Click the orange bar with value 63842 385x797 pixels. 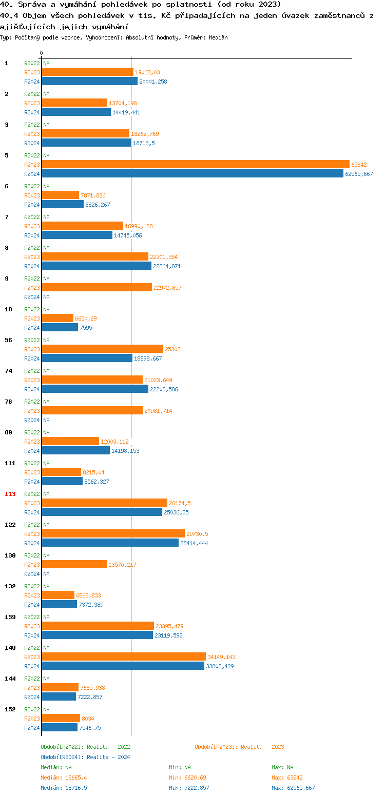coord(196,165)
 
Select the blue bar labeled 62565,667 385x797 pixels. coord(192,174)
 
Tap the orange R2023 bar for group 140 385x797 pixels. coord(124,657)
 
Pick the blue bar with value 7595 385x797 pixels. coord(60,328)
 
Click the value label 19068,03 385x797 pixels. coord(147,72)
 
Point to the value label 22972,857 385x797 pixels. coord(167,288)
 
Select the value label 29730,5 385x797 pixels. coord(197,534)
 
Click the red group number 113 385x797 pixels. coord(10,494)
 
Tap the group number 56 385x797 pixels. coord(8,340)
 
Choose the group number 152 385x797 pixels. coord(10,709)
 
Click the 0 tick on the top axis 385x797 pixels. coord(42,53)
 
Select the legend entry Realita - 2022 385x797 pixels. coord(85,747)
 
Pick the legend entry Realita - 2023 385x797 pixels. coord(239,747)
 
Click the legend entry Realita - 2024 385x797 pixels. coord(85,757)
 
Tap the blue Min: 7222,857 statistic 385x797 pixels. coord(189,788)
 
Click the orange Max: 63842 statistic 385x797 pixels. coord(287,778)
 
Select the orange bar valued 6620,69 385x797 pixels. coord(57,318)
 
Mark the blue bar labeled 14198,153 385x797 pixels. coord(76,451)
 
